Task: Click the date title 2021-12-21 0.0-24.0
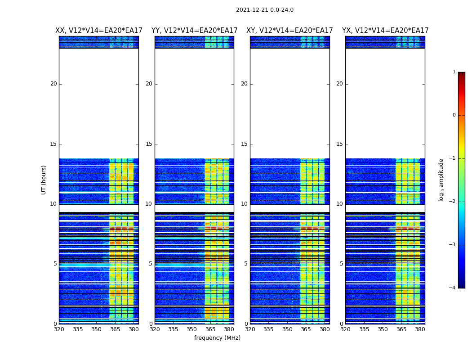pos(264,10)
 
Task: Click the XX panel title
pos(99,31)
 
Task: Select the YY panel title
pos(194,31)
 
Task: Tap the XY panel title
pos(289,31)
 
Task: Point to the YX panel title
pos(385,31)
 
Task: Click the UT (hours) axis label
pos(44,180)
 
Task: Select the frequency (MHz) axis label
pos(217,338)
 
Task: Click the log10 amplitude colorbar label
pos(441,180)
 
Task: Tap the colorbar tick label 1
pos(454,72)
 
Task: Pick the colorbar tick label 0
pos(454,115)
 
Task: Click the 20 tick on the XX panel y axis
pos(53,84)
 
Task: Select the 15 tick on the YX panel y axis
pos(340,144)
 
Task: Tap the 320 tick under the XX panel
pos(59,329)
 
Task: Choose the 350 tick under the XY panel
pos(287,329)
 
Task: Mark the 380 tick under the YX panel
pos(420,329)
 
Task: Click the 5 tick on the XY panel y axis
pos(246,264)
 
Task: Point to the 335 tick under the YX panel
pos(364,329)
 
